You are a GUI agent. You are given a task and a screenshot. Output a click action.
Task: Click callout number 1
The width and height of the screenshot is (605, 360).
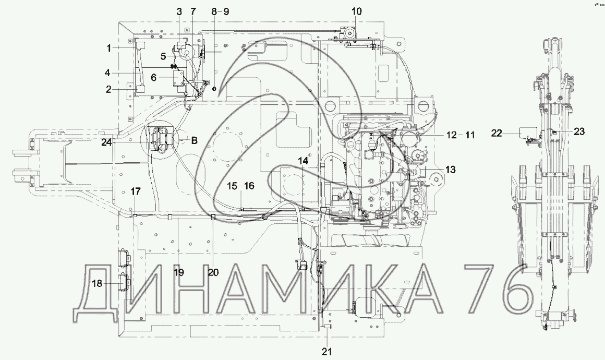pyautogui.click(x=109, y=48)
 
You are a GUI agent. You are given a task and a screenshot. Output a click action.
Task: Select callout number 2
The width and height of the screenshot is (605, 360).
pyautogui.click(x=109, y=90)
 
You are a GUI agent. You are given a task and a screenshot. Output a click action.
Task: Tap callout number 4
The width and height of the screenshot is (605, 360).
pyautogui.click(x=108, y=73)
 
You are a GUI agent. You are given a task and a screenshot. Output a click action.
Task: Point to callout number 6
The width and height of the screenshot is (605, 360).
pyautogui.click(x=153, y=78)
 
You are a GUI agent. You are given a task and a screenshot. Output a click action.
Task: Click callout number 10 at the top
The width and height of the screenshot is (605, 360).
pyautogui.click(x=357, y=11)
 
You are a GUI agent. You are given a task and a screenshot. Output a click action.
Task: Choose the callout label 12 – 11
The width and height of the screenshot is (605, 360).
pyautogui.click(x=461, y=135)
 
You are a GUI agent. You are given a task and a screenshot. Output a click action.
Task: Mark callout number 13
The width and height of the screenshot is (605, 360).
pyautogui.click(x=450, y=170)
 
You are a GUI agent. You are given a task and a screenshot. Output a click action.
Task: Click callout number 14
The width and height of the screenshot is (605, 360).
pyautogui.click(x=303, y=160)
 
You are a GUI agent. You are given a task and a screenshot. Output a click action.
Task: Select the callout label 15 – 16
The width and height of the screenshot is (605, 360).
pyautogui.click(x=240, y=186)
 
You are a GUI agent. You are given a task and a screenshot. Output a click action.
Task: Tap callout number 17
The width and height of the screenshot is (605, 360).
pyautogui.click(x=136, y=191)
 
